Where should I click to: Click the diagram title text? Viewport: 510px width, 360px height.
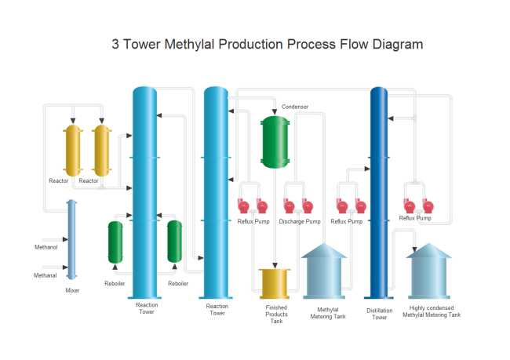point(267,44)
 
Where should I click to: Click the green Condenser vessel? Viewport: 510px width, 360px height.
point(275,142)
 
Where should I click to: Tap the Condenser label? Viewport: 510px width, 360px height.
point(295,107)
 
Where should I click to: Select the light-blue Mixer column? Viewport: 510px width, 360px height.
point(72,239)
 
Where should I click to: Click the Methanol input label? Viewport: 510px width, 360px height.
point(46,247)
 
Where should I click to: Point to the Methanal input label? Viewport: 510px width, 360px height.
point(45,275)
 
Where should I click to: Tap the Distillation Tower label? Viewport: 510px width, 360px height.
point(380,314)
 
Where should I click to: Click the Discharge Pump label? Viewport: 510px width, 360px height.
point(300,221)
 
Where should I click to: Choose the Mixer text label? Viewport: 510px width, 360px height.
point(72,290)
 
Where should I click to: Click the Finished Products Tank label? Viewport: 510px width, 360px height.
point(276,315)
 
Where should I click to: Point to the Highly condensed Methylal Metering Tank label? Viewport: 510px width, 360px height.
point(432,311)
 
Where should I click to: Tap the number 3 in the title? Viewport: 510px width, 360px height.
point(116,44)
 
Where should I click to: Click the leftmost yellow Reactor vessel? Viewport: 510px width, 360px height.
point(73,150)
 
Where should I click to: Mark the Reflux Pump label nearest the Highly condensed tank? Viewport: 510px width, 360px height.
point(415,218)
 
